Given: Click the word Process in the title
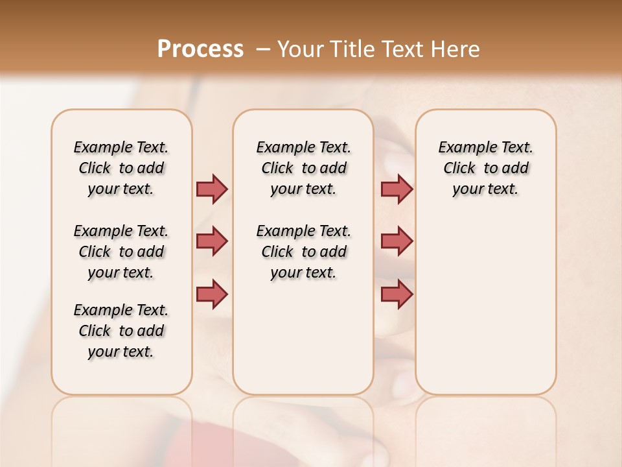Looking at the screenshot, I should [200, 49].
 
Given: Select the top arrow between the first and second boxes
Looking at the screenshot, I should [212, 189].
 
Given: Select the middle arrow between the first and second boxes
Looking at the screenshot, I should [212, 241].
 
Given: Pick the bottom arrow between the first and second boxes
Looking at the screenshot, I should [212, 293].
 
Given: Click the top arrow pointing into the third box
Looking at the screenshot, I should [397, 189].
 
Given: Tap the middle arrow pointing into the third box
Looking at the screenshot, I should [397, 241].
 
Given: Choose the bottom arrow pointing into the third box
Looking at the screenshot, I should [397, 294].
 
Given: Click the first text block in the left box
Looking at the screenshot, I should [121, 168].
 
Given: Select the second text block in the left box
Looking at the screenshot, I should [121, 252].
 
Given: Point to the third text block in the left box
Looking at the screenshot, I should [121, 331].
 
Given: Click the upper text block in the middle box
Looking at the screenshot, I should [303, 168].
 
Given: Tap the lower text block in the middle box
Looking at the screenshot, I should [303, 252].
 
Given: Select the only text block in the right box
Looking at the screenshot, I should [485, 168].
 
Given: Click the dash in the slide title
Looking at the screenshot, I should [264, 49].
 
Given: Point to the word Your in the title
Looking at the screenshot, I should [297, 49].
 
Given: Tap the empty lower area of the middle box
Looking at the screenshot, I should [303, 337].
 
